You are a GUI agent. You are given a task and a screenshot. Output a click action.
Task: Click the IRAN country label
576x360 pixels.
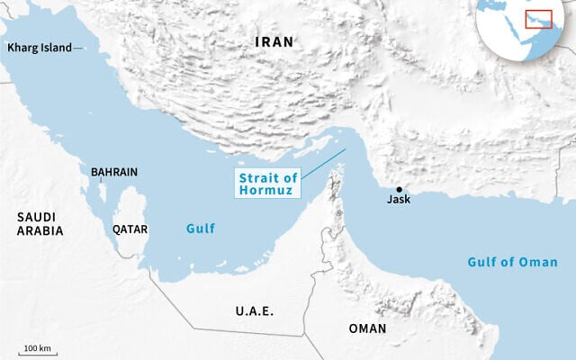(274, 42)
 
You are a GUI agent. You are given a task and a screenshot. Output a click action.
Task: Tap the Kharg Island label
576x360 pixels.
(39, 48)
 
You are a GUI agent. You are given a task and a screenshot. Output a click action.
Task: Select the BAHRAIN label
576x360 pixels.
(114, 171)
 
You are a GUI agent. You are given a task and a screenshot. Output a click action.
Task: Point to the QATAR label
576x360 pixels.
(130, 229)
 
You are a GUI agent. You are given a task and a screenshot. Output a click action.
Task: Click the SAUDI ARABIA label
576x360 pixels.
(40, 224)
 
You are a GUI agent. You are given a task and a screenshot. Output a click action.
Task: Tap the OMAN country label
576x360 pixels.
(367, 328)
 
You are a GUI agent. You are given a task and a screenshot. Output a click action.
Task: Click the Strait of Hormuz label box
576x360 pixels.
(267, 183)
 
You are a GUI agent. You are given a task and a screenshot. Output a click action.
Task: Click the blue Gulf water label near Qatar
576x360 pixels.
(201, 229)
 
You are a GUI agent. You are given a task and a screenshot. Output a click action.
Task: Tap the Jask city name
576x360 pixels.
(399, 199)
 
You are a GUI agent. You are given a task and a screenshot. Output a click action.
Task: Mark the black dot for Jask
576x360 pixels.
(399, 188)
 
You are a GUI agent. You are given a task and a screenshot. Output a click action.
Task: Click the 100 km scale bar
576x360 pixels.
(36, 354)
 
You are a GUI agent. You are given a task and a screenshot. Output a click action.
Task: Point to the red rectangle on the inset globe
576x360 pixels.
(537, 20)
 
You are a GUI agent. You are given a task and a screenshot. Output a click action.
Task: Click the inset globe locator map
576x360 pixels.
(524, 27)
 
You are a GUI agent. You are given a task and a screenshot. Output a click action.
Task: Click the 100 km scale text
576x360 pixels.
(36, 347)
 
